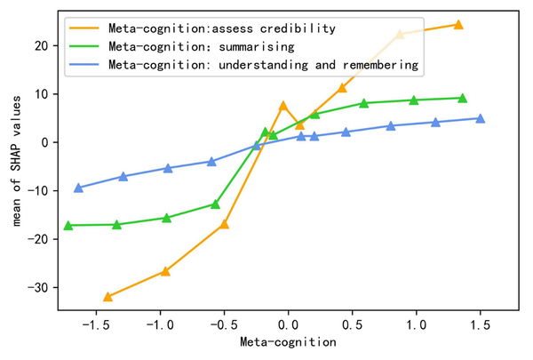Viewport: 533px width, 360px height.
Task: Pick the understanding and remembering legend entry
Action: (x=262, y=65)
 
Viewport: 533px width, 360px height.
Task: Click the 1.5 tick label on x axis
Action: (x=481, y=324)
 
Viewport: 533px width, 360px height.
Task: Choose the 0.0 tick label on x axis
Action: (x=287, y=324)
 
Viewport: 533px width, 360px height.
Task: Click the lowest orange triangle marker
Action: (x=107, y=297)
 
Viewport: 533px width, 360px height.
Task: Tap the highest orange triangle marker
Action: (x=458, y=24)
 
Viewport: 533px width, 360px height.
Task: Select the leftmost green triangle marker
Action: (x=68, y=226)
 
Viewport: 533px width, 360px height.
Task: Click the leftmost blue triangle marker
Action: (x=78, y=188)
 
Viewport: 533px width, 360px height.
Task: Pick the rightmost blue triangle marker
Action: (x=480, y=118)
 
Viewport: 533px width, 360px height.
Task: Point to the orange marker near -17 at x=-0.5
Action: (x=224, y=224)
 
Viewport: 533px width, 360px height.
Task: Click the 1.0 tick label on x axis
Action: (x=416, y=324)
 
